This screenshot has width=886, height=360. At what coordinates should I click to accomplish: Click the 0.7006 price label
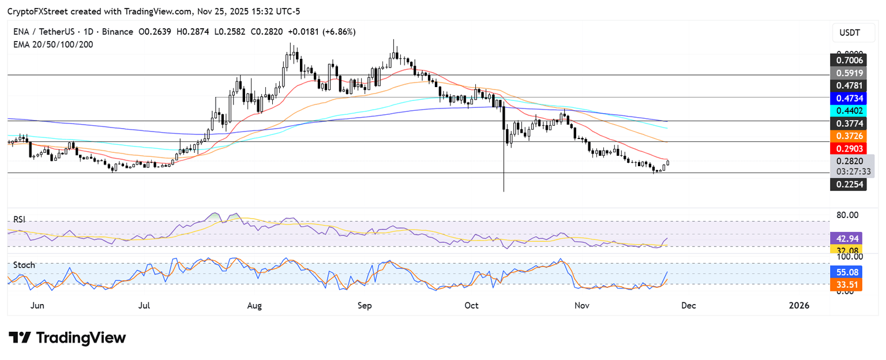click(847, 59)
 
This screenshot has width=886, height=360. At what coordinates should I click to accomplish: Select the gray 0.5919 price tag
click(847, 73)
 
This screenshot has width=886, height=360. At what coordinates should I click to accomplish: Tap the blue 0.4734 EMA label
click(847, 98)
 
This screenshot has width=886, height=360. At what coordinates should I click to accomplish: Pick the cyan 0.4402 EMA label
click(847, 110)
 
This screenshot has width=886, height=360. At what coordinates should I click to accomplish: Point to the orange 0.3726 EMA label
click(847, 135)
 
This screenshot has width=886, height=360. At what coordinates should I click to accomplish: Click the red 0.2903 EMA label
click(847, 148)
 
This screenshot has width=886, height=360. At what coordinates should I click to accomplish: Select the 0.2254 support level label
click(847, 184)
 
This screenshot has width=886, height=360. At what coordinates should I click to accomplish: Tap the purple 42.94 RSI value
click(846, 238)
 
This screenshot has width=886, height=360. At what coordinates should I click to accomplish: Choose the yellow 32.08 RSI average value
click(846, 250)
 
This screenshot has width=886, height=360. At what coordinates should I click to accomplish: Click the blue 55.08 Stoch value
click(846, 271)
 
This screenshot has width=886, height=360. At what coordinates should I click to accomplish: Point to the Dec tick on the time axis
click(688, 305)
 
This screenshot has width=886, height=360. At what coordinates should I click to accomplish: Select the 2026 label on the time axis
click(799, 305)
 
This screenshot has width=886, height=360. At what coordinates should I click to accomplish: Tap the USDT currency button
click(849, 33)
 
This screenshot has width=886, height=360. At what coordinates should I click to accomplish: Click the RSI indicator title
click(20, 220)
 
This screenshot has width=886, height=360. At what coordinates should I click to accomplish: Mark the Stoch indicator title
click(24, 265)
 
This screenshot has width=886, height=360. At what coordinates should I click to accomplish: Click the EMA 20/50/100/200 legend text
click(53, 44)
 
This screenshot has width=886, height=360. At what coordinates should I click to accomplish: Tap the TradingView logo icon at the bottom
click(20, 337)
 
